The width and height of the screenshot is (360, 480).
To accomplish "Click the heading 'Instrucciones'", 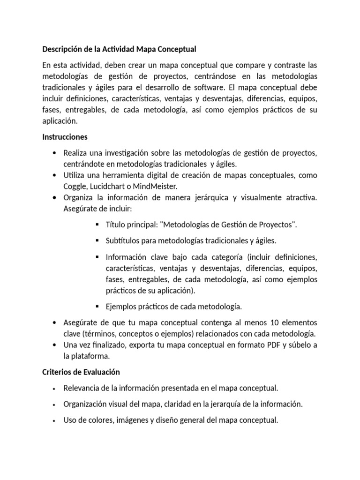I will point(65,137).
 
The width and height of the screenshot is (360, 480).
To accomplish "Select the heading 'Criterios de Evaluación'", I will point(81,372).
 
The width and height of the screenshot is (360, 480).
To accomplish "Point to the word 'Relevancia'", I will point(82,388).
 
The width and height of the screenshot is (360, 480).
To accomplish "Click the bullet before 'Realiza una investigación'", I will point(56,153).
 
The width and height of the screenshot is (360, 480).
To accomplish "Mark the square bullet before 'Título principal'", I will point(97,225).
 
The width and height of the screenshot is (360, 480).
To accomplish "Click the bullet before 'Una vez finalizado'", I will point(56,345).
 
